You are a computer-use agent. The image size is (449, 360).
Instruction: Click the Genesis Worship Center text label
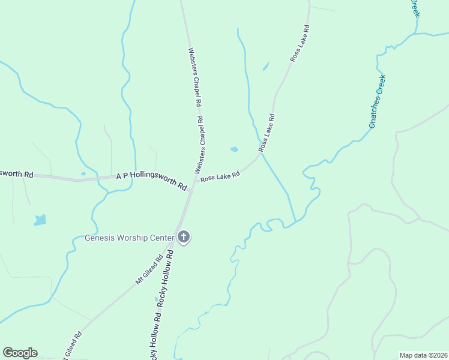tap(130, 237)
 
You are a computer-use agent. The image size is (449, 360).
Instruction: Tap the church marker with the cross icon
tap(184, 238)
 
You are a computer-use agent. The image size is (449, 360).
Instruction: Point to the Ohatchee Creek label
tap(377, 101)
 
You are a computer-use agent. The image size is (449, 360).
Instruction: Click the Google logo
tap(20, 353)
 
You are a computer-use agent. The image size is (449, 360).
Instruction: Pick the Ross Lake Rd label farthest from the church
tap(300, 44)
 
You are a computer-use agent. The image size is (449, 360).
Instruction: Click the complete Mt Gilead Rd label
tap(149, 269)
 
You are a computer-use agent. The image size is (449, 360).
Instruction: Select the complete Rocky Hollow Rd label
tap(166, 279)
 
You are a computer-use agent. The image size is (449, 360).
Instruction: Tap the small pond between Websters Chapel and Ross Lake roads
tap(234, 149)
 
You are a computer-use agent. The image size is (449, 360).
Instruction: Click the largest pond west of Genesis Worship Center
tap(40, 220)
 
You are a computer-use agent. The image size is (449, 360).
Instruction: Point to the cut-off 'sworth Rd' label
tap(16, 174)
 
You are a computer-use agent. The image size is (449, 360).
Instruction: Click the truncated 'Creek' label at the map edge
tap(414, 8)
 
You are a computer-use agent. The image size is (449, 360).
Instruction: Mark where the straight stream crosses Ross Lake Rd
tap(261, 153)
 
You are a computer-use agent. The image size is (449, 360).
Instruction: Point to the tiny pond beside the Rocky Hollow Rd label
tap(156, 298)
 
